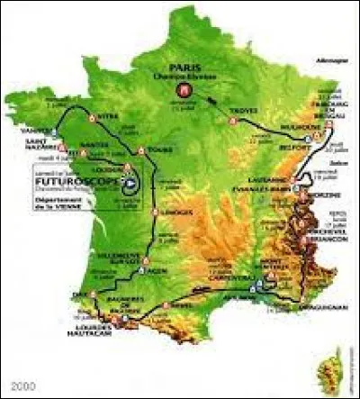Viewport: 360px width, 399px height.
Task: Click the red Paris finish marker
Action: pyautogui.click(x=187, y=92)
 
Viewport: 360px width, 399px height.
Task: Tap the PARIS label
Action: pyautogui.click(x=187, y=68)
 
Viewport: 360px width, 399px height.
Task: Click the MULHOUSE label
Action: pyautogui.click(x=292, y=141)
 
